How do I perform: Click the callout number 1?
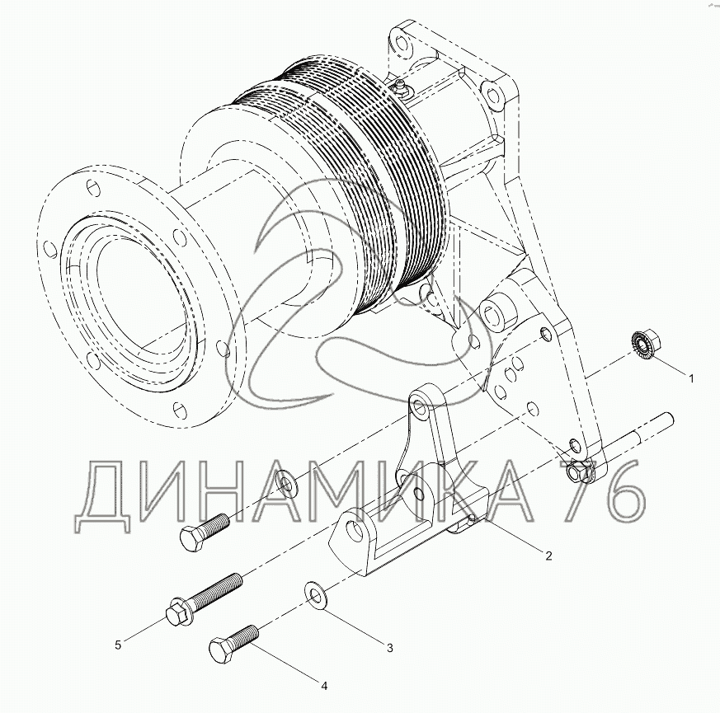pyautogui.click(x=690, y=378)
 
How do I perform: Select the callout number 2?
pyautogui.click(x=548, y=556)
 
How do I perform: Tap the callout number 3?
pyautogui.click(x=390, y=648)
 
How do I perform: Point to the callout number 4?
pyautogui.click(x=324, y=687)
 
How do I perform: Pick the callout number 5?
pyautogui.click(x=118, y=645)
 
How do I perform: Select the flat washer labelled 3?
pyautogui.click(x=314, y=596)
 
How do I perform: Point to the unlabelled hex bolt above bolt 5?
pyautogui.click(x=205, y=532)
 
